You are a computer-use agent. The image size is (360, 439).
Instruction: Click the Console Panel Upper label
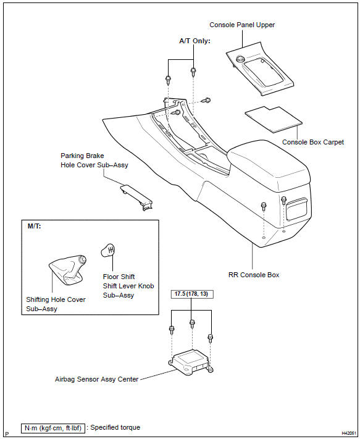click(242, 25)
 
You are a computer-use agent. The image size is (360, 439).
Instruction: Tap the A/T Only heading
click(195, 41)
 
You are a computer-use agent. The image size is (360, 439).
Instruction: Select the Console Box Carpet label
click(312, 142)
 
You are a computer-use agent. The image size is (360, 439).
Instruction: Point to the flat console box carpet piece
click(274, 119)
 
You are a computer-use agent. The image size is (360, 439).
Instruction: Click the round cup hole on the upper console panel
click(240, 59)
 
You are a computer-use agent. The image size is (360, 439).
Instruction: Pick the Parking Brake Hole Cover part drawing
click(136, 197)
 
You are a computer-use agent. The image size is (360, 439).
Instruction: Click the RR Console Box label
click(254, 275)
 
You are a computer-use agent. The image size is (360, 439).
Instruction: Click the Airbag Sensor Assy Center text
click(96, 379)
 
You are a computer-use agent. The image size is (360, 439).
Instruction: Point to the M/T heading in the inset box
click(34, 226)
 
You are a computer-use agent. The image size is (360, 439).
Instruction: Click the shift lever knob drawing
click(108, 250)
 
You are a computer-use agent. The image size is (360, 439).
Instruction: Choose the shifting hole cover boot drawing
click(67, 270)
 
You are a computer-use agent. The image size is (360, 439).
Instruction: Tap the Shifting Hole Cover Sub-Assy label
click(56, 304)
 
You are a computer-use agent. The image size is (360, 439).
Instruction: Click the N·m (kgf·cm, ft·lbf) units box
click(53, 428)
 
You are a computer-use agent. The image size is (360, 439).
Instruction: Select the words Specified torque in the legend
click(115, 427)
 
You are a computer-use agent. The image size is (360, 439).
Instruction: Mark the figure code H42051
click(348, 433)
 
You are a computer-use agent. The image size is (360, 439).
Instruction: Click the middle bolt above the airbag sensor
click(192, 324)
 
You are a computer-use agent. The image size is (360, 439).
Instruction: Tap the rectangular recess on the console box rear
click(297, 209)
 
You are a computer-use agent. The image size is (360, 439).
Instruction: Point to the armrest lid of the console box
click(269, 165)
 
